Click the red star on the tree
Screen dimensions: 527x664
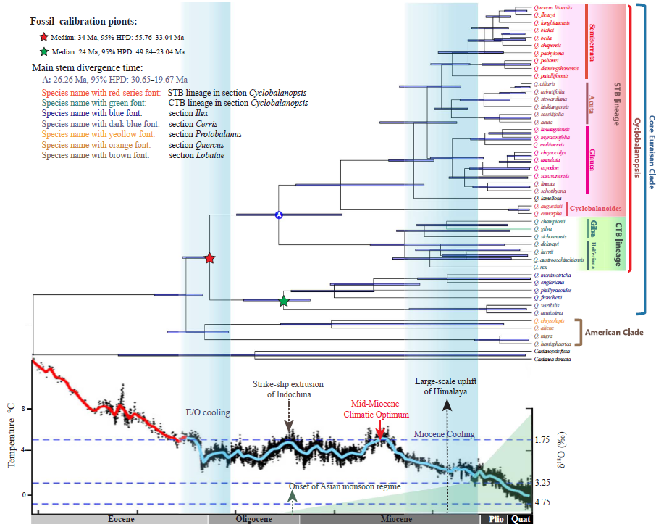209,258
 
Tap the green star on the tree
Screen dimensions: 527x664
284,301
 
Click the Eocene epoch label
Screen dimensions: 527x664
121,519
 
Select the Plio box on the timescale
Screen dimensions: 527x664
496,519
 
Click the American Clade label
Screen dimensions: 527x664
615,332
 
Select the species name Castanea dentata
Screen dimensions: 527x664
552,359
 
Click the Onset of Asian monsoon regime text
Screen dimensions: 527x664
344,486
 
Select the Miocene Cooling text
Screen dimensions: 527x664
445,433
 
